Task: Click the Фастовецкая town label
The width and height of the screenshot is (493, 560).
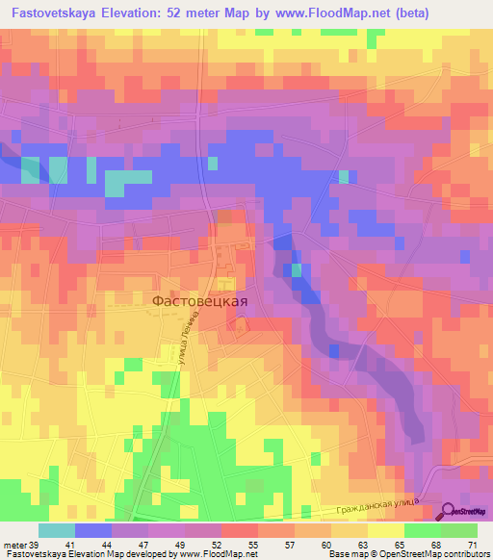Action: tap(200, 300)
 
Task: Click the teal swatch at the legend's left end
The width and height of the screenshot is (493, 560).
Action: tap(57, 530)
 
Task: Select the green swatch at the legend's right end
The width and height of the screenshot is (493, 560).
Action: tap(459, 530)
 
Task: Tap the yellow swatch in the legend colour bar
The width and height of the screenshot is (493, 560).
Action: tap(386, 530)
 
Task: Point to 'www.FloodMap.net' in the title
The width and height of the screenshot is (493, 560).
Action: tap(315, 13)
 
